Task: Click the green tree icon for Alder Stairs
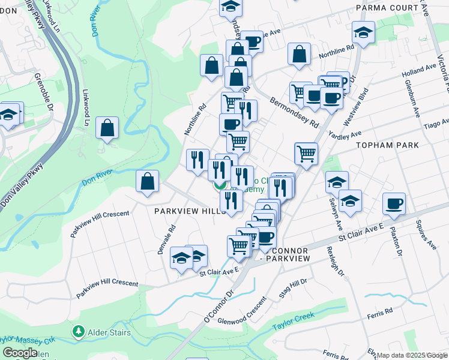[x=77, y=331]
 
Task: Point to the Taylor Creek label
[x=293, y=322]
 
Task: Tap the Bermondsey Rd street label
[x=294, y=112]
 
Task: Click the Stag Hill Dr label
[x=293, y=287]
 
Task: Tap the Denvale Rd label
[x=166, y=239]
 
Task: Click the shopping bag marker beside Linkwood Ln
[x=107, y=128]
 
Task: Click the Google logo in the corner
[x=20, y=353]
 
